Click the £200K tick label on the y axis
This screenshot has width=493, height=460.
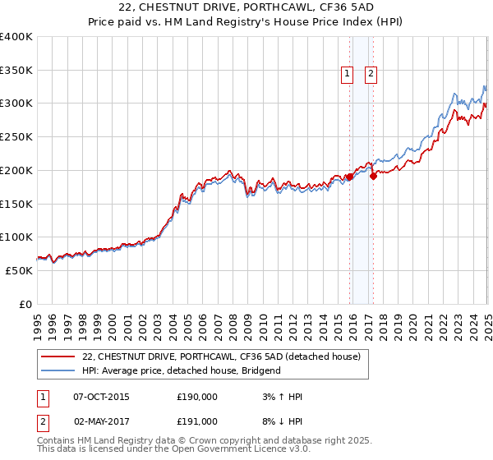point(16,170)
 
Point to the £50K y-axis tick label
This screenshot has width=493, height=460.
point(19,269)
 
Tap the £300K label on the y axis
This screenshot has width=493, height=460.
point(16,103)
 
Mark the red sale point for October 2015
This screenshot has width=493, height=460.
point(349,177)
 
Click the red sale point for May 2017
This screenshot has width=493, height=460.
point(373,176)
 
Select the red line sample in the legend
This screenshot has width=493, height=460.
point(59,356)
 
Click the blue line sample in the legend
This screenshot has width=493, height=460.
point(59,370)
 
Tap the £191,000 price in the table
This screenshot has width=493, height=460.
point(197,421)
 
